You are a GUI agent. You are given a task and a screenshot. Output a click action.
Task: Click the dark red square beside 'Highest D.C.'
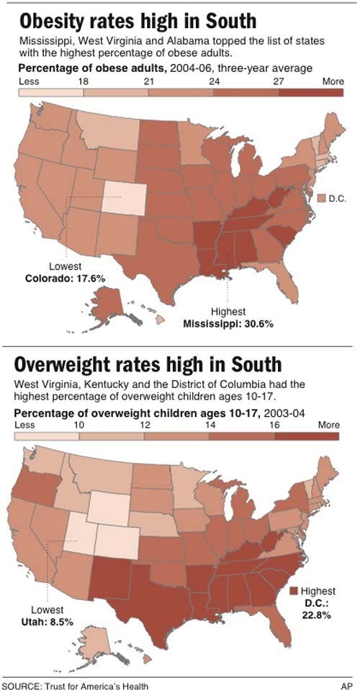tap(294, 591)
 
